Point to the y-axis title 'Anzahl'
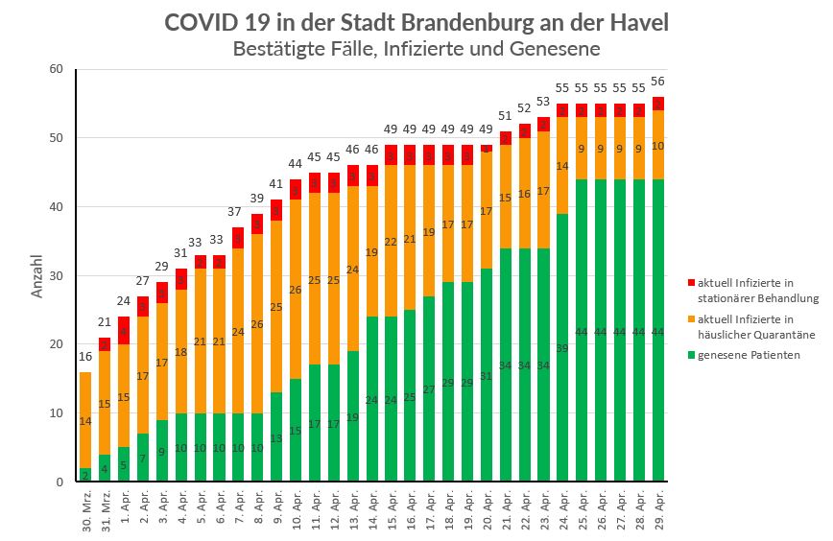[x=38, y=275]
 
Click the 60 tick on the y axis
[x=56, y=69]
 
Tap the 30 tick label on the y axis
[x=56, y=275]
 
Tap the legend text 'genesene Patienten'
[x=749, y=355]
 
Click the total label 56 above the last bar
[x=657, y=82]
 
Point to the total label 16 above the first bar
[x=85, y=357]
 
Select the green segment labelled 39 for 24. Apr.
[x=562, y=347]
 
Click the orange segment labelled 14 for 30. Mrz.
[x=85, y=420]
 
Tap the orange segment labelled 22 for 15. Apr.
[x=391, y=242]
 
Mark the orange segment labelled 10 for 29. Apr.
[x=657, y=145]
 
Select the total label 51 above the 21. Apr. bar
[x=505, y=116]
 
